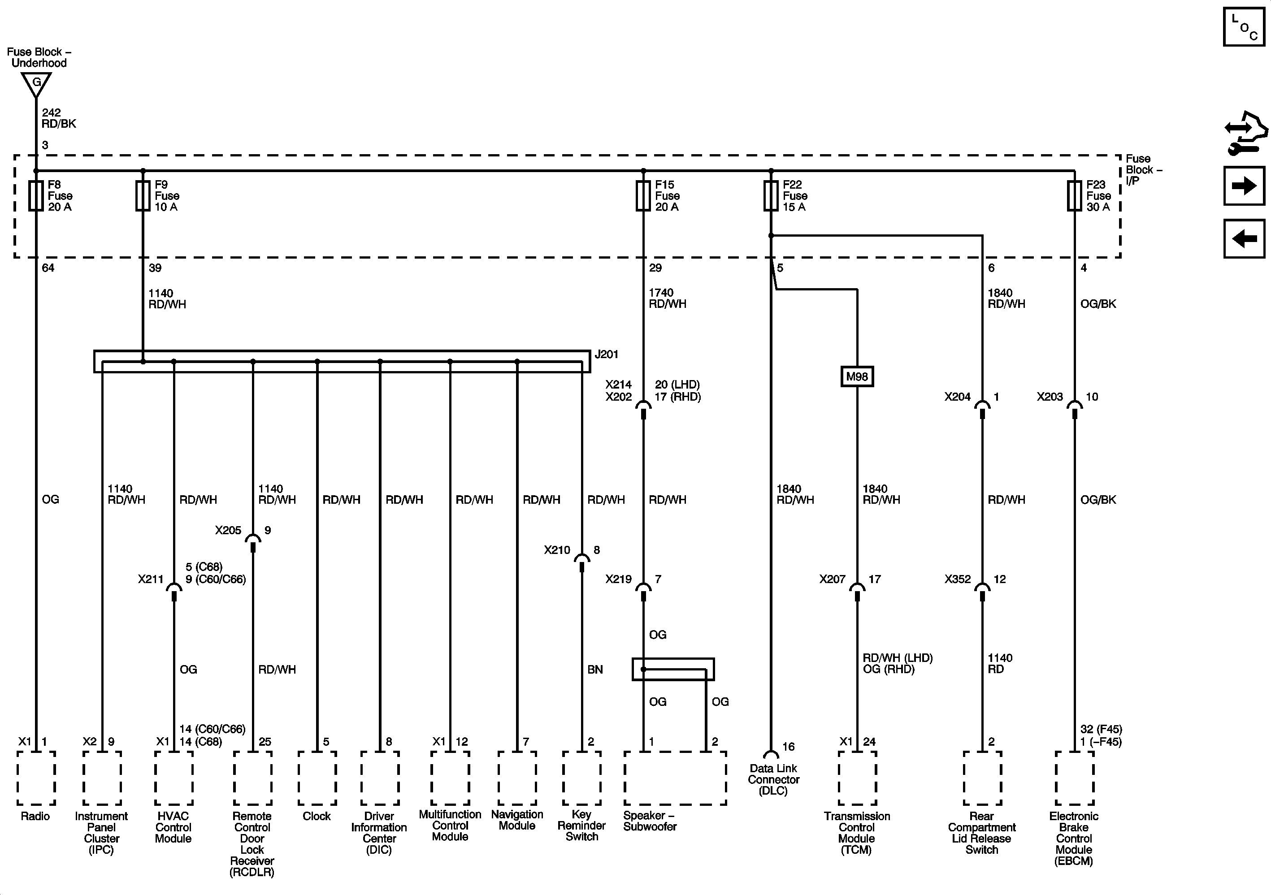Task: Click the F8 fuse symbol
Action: tap(36, 195)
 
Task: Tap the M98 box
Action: tap(857, 377)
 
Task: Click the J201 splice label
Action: tap(606, 354)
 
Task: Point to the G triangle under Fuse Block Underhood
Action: tap(36, 84)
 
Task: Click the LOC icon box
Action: tap(1243, 26)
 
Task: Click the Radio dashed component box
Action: tap(36, 778)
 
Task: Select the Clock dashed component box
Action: tap(317, 778)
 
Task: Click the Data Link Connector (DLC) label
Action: tap(773, 779)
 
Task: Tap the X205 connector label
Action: tap(228, 530)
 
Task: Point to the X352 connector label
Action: tap(958, 579)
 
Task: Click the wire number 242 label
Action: tap(52, 113)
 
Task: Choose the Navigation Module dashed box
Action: tap(517, 778)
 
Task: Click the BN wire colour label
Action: tap(595, 670)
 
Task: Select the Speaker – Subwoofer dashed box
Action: tap(675, 778)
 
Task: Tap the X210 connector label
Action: tap(557, 549)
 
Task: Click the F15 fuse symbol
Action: tap(643, 195)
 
